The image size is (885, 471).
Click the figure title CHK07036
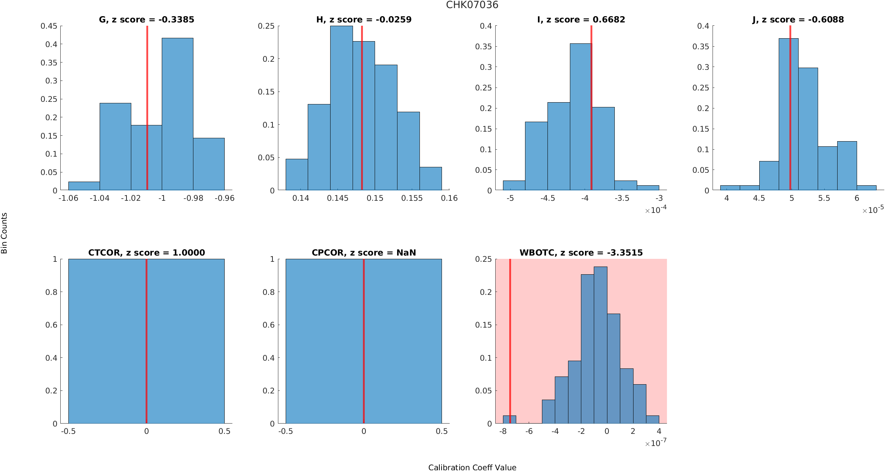click(x=472, y=5)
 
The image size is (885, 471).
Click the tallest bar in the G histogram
click(x=178, y=114)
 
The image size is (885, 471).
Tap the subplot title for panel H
click(x=364, y=19)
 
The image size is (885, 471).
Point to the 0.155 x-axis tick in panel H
click(x=412, y=198)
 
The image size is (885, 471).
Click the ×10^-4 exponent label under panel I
click(x=656, y=210)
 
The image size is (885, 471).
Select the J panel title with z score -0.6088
click(x=798, y=19)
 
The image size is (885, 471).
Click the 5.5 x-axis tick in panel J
click(x=824, y=198)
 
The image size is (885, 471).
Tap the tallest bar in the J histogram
click(x=788, y=114)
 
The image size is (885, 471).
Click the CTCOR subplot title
click(x=146, y=253)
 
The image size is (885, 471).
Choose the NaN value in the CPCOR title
click(x=406, y=253)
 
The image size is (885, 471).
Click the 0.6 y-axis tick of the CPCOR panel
click(x=270, y=325)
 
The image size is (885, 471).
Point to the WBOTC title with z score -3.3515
click(x=581, y=253)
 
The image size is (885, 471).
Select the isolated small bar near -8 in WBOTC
click(x=509, y=420)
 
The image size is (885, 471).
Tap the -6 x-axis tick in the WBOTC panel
click(x=529, y=431)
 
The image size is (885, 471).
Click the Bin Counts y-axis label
click(x=4, y=233)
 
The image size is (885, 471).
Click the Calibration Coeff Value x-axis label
click(x=472, y=467)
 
